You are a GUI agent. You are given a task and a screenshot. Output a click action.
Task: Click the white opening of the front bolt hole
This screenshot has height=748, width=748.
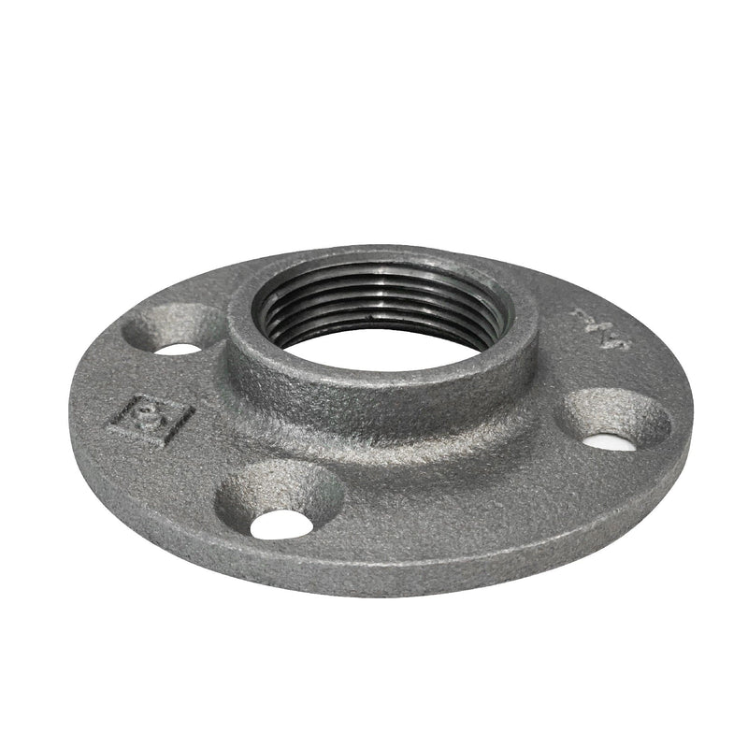point(281,524)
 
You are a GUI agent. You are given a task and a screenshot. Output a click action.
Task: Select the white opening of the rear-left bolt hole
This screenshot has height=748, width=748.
point(178,349)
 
